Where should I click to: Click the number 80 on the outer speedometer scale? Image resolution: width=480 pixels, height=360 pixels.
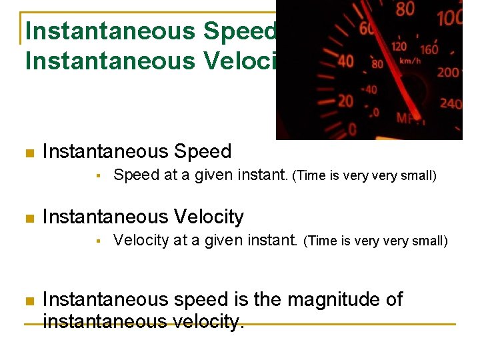click(x=405, y=10)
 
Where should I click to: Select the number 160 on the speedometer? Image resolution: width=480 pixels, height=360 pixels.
click(x=429, y=49)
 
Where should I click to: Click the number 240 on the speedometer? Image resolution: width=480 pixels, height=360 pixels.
click(x=451, y=103)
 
